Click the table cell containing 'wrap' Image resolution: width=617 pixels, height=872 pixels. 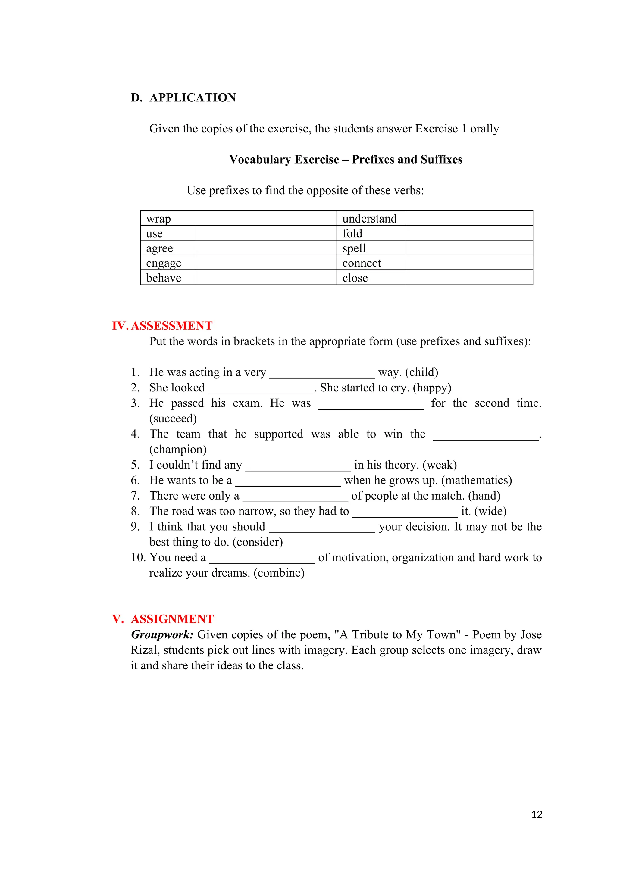pyautogui.click(x=168, y=218)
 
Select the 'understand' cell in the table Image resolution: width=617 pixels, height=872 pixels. pyautogui.click(x=371, y=218)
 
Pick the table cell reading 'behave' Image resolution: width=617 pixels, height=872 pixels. pyautogui.click(x=168, y=278)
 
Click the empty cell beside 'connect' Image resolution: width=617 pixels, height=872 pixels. pyautogui.click(x=469, y=263)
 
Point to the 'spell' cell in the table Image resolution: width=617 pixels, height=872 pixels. pyautogui.click(x=371, y=248)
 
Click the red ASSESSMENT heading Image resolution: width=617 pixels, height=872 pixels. pyautogui.click(x=171, y=325)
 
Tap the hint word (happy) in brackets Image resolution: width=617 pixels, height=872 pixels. pyautogui.click(x=432, y=388)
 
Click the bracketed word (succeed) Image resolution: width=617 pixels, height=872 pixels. pyautogui.click(x=173, y=419)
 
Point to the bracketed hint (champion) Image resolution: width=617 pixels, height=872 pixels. pyautogui.click(x=178, y=449)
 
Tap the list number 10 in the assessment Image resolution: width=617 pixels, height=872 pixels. pyautogui.click(x=138, y=558)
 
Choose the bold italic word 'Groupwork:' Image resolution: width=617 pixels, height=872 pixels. pyautogui.click(x=162, y=635)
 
